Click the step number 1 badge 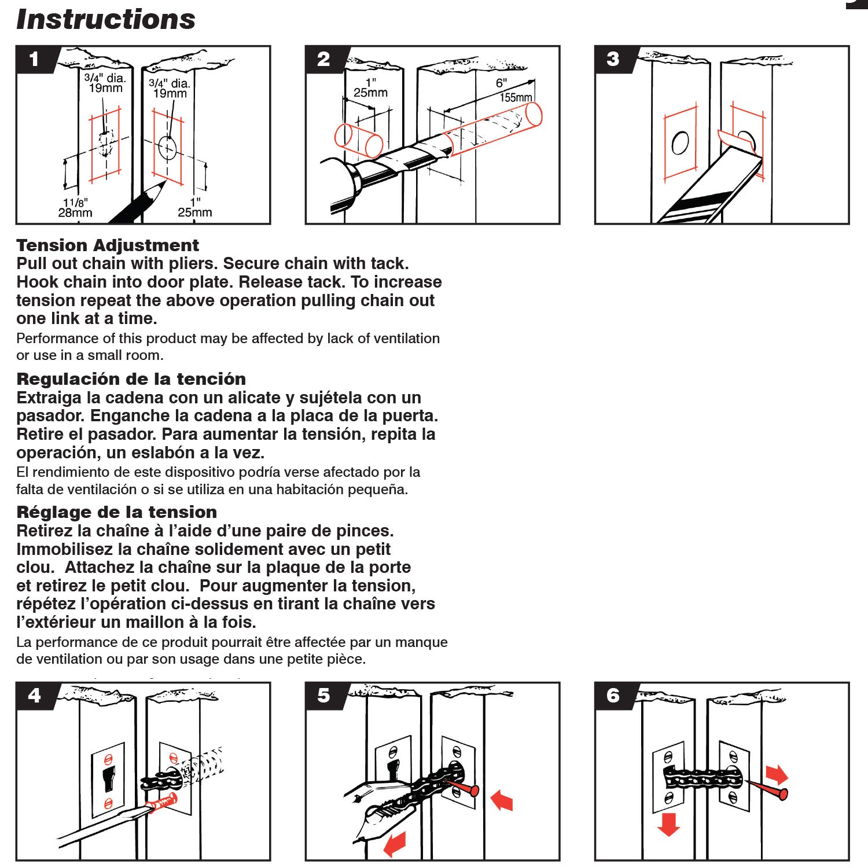[34, 59]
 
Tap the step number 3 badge [613, 59]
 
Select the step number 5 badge [323, 696]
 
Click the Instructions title [106, 19]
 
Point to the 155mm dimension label [516, 97]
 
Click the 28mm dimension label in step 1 [75, 212]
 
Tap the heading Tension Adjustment [108, 245]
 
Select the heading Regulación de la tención [131, 379]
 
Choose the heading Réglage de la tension [116, 512]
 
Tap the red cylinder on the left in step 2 [358, 141]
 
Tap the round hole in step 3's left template [680, 144]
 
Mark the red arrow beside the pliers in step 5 [395, 844]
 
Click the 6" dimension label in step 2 [501, 83]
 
